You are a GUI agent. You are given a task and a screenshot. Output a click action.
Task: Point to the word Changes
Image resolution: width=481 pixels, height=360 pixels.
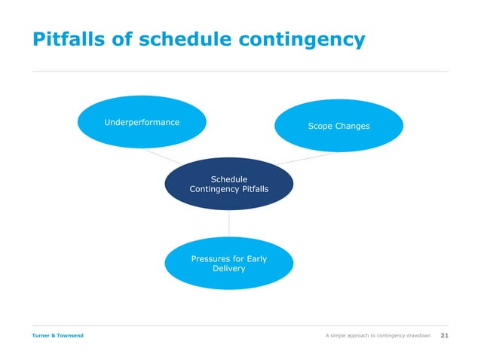pyautogui.click(x=353, y=126)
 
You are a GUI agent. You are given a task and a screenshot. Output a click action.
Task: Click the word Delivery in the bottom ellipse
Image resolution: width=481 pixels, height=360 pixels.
pyautogui.click(x=228, y=269)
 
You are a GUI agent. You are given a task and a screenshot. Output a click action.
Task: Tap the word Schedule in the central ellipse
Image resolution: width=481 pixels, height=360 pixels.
pyautogui.click(x=228, y=179)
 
